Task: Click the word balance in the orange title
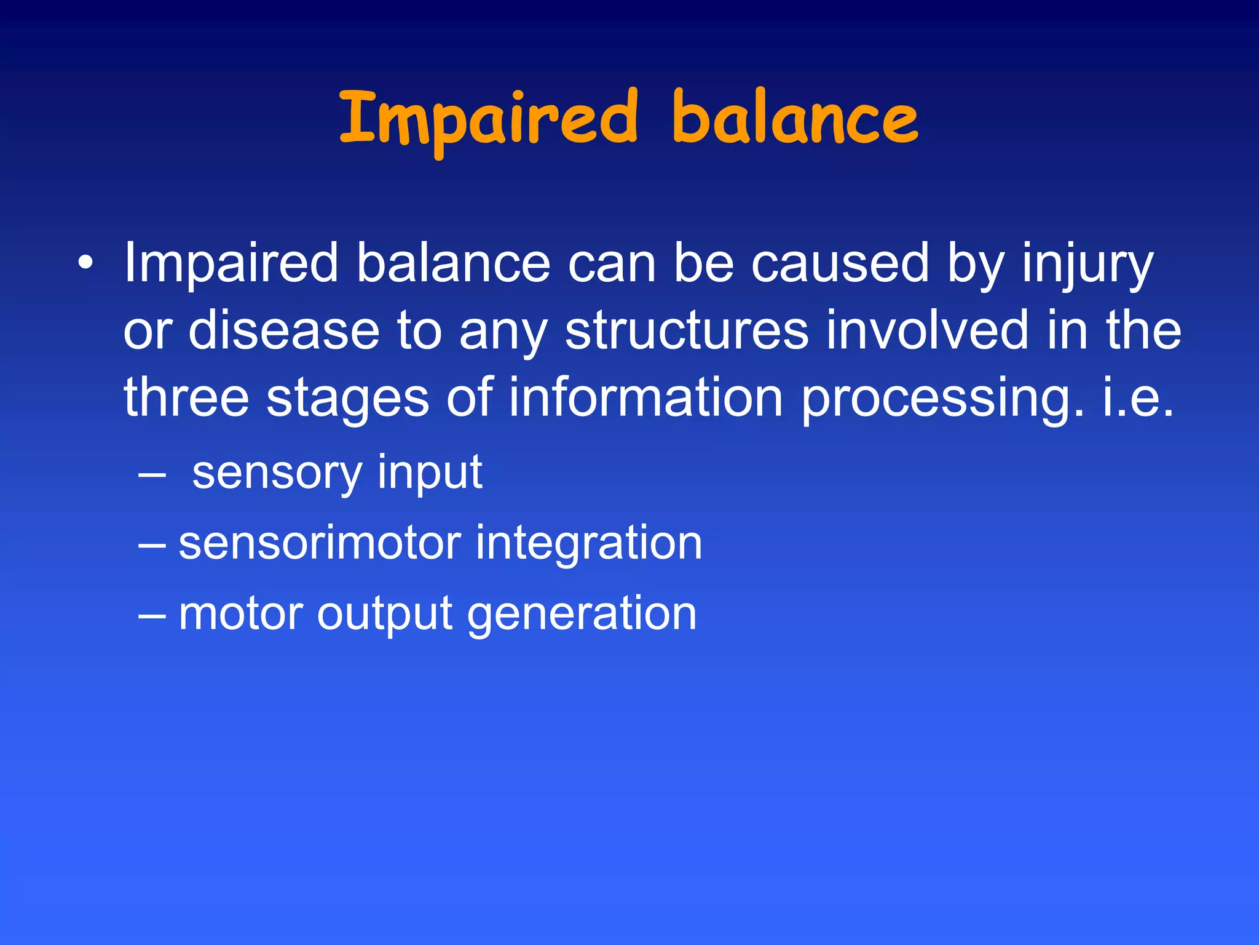[794, 120]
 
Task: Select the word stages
[347, 400]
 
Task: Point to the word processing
[943, 400]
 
